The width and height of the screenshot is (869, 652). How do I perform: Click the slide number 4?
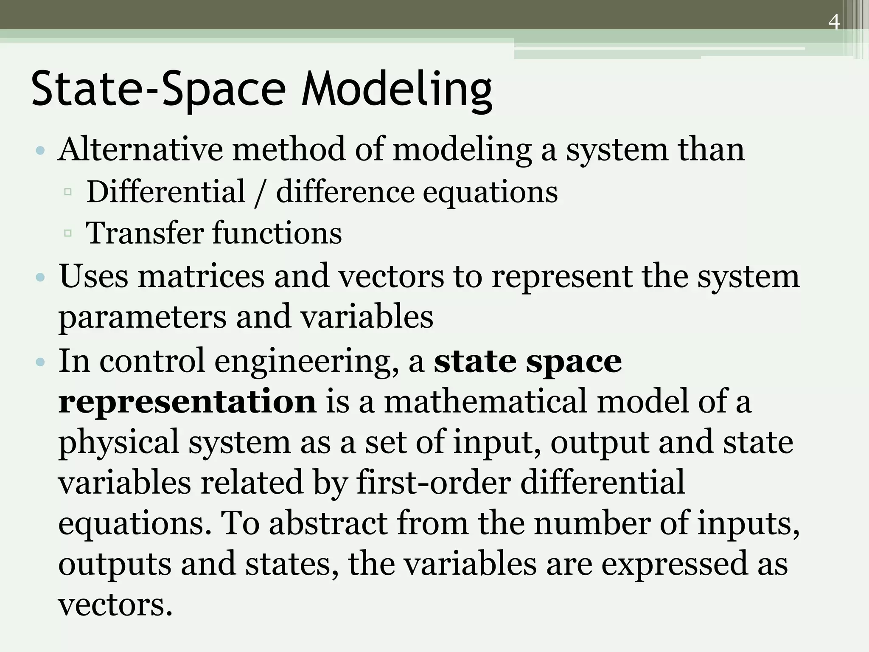pos(834,22)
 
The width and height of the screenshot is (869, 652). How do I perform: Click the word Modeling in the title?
pos(397,90)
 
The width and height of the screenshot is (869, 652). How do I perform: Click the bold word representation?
pos(187,401)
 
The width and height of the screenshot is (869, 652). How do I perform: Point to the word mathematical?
pos(485,401)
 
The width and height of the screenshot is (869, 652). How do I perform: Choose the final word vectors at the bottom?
pos(115,604)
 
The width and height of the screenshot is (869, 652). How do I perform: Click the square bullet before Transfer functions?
pos(68,233)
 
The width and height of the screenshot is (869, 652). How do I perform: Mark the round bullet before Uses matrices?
pos(40,278)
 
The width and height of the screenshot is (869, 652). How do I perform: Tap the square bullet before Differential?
pos(68,192)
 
